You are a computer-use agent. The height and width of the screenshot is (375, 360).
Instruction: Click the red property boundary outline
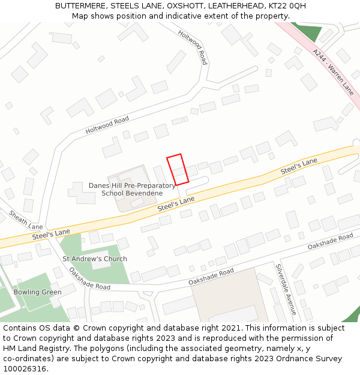(178, 170)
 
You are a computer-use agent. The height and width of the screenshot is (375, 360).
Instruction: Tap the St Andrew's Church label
(95, 259)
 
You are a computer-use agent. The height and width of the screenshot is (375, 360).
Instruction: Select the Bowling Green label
(37, 292)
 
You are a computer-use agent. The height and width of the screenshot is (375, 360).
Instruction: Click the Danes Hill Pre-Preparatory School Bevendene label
(131, 190)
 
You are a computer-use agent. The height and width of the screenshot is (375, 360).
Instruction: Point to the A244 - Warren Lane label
(333, 72)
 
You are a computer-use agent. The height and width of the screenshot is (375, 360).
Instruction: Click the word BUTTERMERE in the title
(80, 6)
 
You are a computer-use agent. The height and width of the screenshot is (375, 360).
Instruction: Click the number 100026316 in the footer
(25, 369)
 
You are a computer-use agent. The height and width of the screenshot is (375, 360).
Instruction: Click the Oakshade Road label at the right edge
(331, 242)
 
